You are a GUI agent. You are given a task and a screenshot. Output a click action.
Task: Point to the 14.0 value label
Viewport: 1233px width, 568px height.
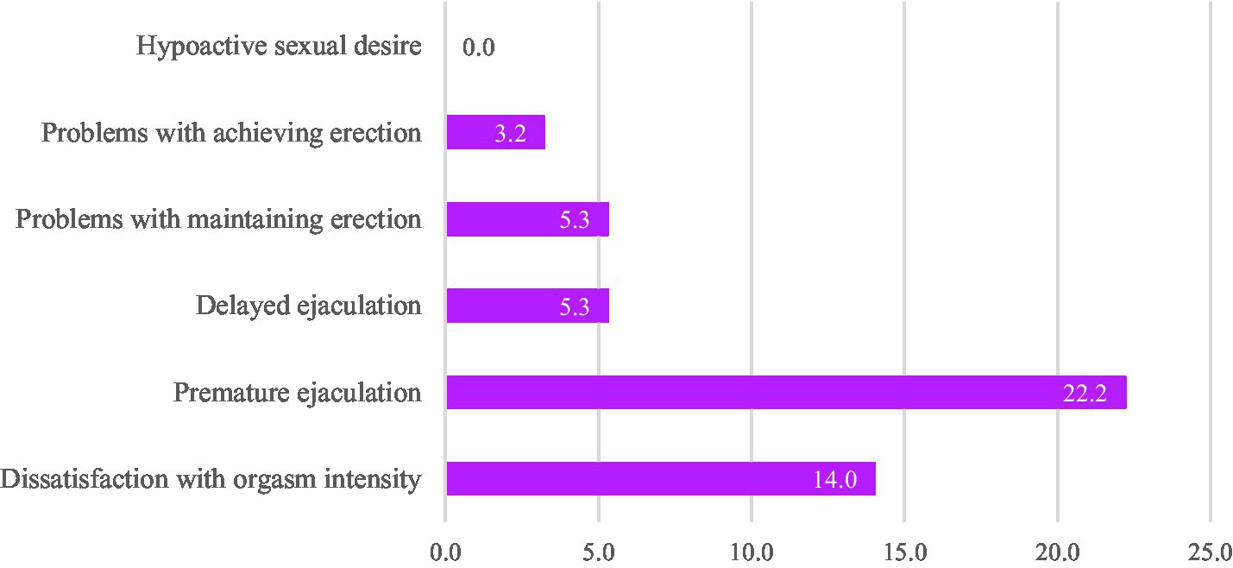834,480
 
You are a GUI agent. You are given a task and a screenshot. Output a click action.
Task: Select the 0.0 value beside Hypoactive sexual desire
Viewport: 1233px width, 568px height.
478,47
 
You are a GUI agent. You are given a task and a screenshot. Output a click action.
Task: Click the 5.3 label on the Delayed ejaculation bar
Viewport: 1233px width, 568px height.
574,306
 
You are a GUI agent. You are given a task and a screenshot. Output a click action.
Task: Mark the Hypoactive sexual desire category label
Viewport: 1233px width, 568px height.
279,46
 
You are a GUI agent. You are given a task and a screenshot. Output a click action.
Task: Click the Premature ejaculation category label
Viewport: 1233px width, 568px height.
297,393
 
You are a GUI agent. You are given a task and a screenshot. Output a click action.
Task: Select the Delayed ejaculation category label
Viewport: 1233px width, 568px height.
308,306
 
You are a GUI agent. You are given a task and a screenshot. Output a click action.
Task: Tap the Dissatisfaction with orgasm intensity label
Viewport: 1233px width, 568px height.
211,478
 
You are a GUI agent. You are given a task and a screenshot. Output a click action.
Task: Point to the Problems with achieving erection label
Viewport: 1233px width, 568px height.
231,133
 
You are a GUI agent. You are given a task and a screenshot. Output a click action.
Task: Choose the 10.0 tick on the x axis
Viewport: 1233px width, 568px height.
751,550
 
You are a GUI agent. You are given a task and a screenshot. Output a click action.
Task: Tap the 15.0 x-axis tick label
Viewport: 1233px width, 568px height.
903,550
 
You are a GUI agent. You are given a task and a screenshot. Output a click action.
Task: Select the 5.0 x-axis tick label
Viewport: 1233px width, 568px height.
598,550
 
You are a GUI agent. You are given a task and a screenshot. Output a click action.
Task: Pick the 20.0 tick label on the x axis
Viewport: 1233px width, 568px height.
1057,550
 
